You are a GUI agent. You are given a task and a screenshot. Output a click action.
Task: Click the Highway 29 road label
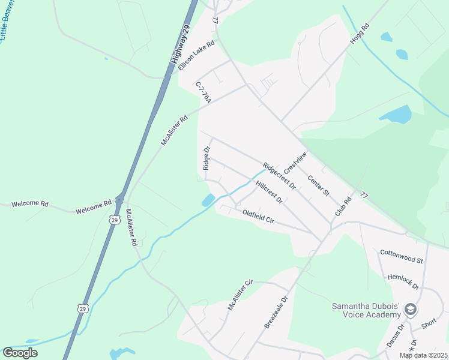(x=181, y=45)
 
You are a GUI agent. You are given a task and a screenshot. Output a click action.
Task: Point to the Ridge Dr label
(x=206, y=157)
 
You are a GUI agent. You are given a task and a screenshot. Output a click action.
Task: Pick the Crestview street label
(x=295, y=162)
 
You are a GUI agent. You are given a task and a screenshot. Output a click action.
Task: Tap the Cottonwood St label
(x=402, y=257)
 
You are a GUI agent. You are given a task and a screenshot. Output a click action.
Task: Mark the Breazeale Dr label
(x=277, y=311)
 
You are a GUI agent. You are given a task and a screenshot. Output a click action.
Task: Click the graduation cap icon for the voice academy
(x=411, y=310)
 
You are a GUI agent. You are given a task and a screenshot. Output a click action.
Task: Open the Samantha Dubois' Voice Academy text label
(x=366, y=310)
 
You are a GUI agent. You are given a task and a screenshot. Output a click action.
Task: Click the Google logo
(x=20, y=353)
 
